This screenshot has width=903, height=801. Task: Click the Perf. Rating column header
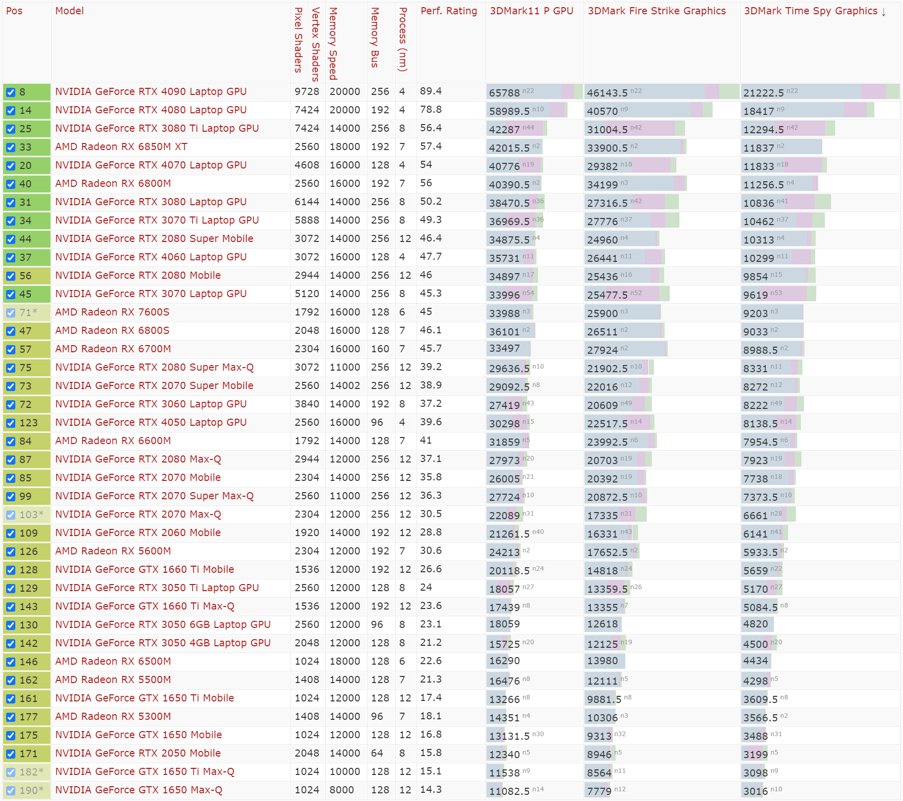pyautogui.click(x=448, y=11)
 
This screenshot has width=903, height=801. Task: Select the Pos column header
pyautogui.click(x=14, y=11)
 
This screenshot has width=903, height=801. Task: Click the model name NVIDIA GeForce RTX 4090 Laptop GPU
pyautogui.click(x=151, y=92)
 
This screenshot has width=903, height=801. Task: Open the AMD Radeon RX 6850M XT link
pyautogui.click(x=121, y=147)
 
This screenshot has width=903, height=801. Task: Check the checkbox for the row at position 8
pyautogui.click(x=11, y=92)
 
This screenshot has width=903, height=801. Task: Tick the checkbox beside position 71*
pyautogui.click(x=11, y=313)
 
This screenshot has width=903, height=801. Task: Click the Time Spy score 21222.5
pyautogui.click(x=763, y=93)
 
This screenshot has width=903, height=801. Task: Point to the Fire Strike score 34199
pyautogui.click(x=602, y=185)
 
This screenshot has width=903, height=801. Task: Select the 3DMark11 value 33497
pyautogui.click(x=504, y=349)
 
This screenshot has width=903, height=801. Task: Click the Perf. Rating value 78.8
pyautogui.click(x=431, y=110)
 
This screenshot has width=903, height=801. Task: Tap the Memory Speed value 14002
pyautogui.click(x=345, y=386)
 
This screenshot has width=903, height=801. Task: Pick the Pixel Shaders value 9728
pyautogui.click(x=307, y=92)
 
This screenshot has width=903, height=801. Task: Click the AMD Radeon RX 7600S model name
pyautogui.click(x=112, y=312)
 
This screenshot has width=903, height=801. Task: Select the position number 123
pyautogui.click(x=29, y=423)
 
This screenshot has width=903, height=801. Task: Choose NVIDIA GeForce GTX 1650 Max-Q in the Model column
pyautogui.click(x=138, y=790)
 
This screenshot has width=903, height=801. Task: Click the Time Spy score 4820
pyautogui.click(x=755, y=624)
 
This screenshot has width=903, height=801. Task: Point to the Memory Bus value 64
pyautogui.click(x=377, y=754)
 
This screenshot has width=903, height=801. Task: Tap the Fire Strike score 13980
pyautogui.click(x=602, y=661)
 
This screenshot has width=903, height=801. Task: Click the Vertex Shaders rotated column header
pyautogui.click(x=315, y=44)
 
